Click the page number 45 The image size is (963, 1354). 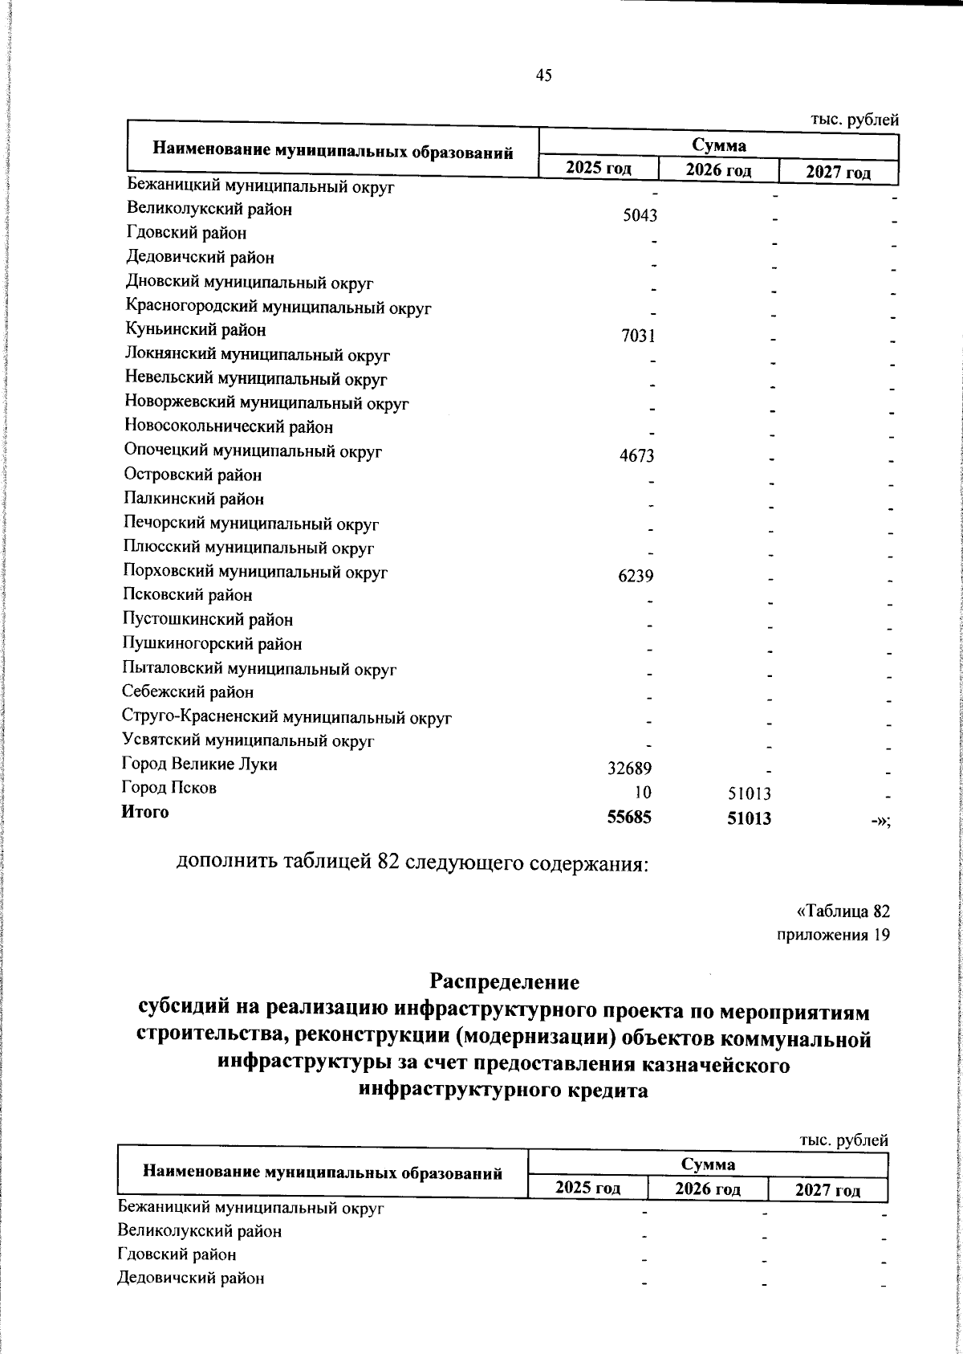543,75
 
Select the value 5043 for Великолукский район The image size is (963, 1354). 640,215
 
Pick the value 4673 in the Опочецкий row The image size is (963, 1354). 637,457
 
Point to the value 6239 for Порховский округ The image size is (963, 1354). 636,577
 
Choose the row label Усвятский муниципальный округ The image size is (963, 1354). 248,740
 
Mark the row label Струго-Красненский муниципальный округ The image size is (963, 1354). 286,716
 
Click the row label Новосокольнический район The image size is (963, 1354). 229,427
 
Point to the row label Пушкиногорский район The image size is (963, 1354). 212,644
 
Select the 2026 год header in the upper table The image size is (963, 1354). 718,170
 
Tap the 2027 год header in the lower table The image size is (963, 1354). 827,1190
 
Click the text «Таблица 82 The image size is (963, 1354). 843,912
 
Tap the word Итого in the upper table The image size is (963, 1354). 145,812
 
